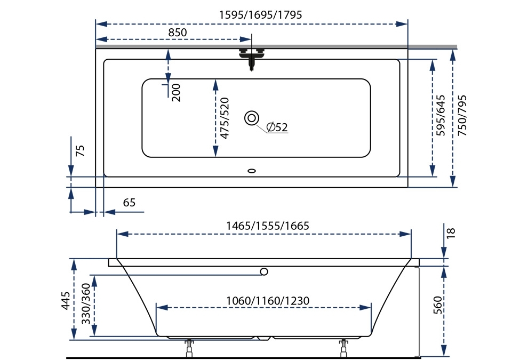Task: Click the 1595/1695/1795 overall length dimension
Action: (x=261, y=15)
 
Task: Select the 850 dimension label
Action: (x=178, y=33)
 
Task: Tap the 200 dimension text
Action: (x=177, y=92)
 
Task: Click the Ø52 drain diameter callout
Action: (x=277, y=127)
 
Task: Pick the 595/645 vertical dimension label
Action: (x=441, y=116)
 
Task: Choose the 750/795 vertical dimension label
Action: (x=462, y=116)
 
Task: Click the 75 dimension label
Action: (x=80, y=150)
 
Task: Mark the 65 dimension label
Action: (x=129, y=203)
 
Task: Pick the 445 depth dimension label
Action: (x=65, y=301)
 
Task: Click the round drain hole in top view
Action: (x=252, y=118)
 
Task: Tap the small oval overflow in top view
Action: (x=252, y=171)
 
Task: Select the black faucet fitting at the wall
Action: (x=252, y=58)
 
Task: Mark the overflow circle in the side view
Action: (x=263, y=271)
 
